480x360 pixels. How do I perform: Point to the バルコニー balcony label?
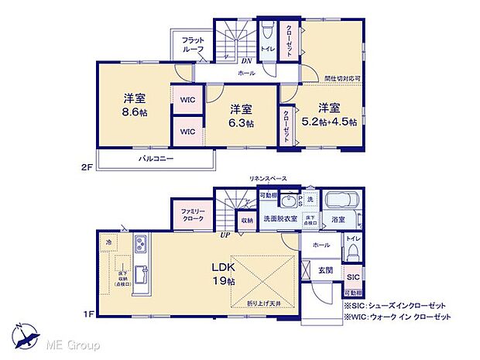[x=156, y=159]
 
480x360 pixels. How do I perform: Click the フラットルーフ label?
[x=194, y=44]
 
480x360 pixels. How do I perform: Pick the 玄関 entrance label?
[x=326, y=269]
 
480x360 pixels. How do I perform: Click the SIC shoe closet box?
[x=352, y=276]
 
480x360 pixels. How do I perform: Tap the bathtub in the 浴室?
[x=340, y=200]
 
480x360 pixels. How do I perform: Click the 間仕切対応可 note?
[x=342, y=78]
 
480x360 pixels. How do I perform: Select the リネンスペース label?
[x=268, y=179]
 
